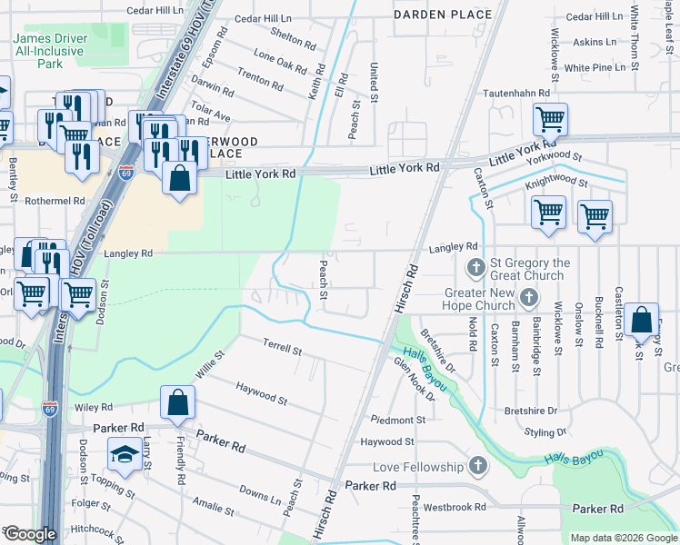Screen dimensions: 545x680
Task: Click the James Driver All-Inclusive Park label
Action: click(50, 53)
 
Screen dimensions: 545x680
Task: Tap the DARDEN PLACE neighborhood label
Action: click(443, 15)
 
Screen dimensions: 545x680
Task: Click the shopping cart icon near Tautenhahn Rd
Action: click(550, 119)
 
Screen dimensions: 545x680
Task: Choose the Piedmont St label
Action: click(392, 420)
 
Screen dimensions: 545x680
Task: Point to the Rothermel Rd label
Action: click(55, 201)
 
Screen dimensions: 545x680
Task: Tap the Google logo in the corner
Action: click(29, 534)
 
